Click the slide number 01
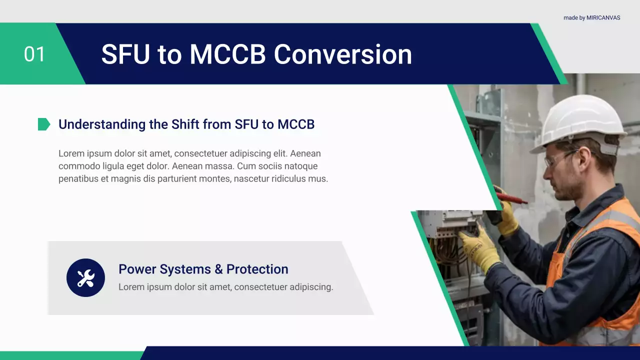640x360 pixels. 34,54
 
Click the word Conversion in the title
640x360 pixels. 343,54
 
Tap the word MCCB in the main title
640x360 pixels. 227,54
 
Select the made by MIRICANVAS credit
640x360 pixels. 591,17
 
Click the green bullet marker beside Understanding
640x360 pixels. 44,124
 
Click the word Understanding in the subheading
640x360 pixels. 102,125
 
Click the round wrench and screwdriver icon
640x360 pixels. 85,277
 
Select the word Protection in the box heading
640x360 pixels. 257,269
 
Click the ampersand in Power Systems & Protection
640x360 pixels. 218,269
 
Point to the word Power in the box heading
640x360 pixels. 136,269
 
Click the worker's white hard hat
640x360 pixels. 580,123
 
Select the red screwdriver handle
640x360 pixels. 511,197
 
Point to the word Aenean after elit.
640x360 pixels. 305,153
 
